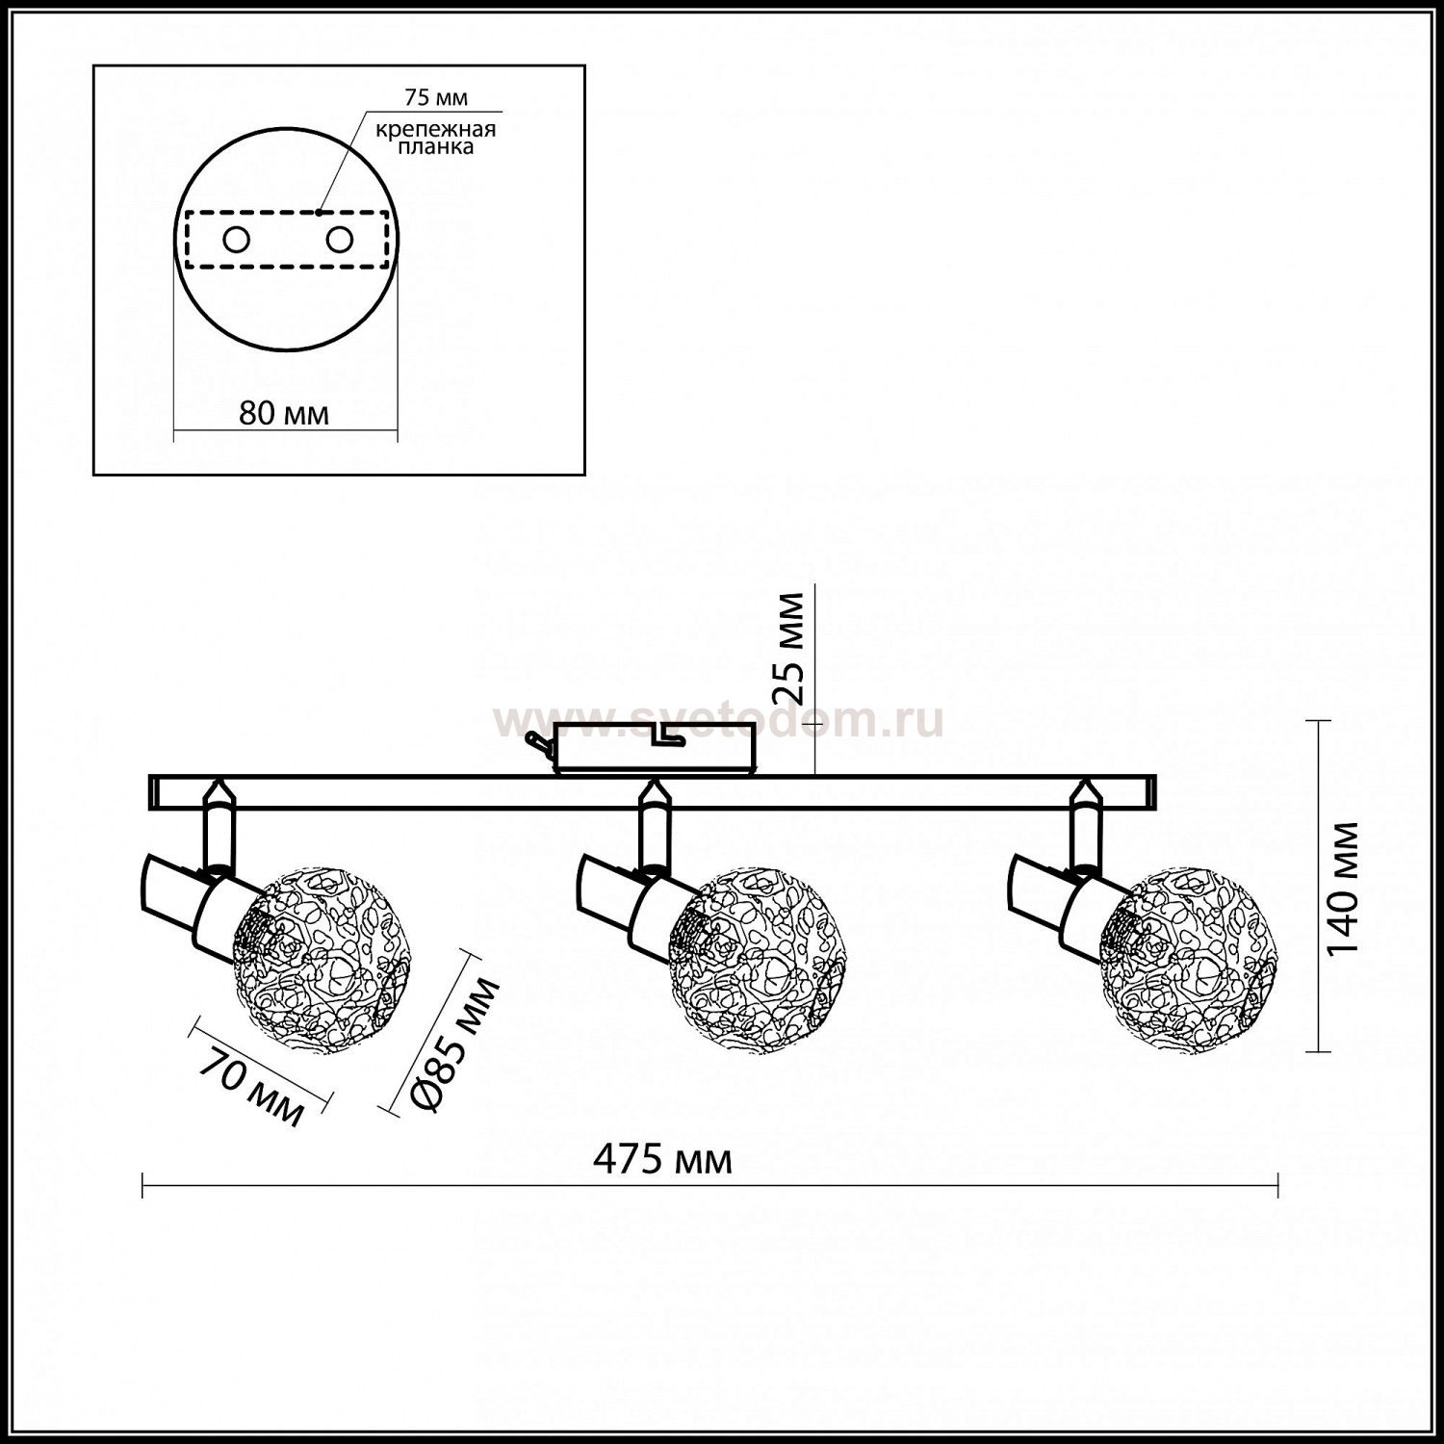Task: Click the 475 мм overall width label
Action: click(x=662, y=1160)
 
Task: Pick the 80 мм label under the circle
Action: click(x=284, y=414)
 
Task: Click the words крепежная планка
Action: click(x=436, y=138)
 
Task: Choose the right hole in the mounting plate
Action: click(x=339, y=240)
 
